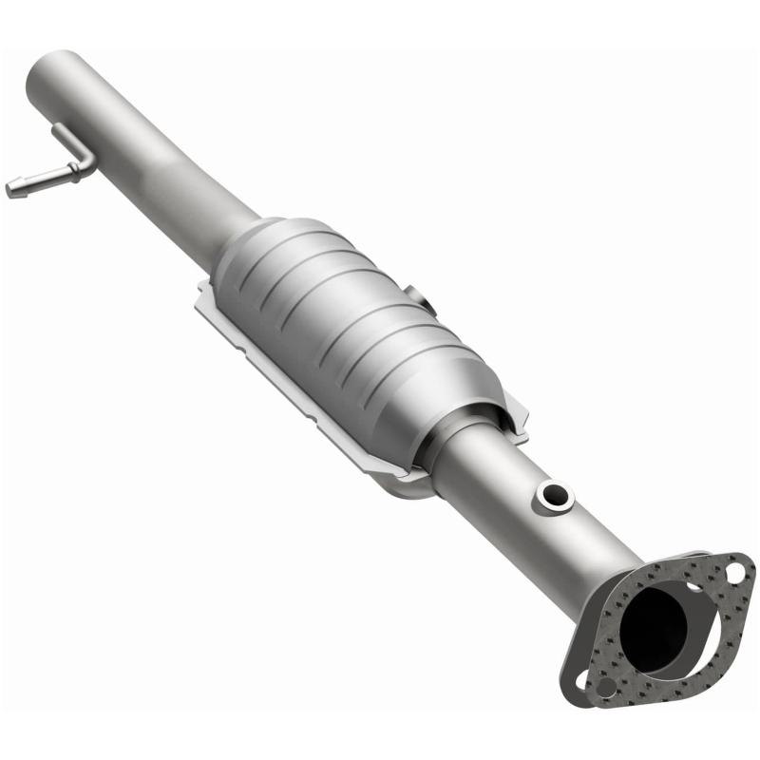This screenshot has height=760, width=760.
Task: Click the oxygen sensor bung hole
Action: (x=554, y=494)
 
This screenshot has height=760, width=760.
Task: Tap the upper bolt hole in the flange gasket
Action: (x=733, y=572)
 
